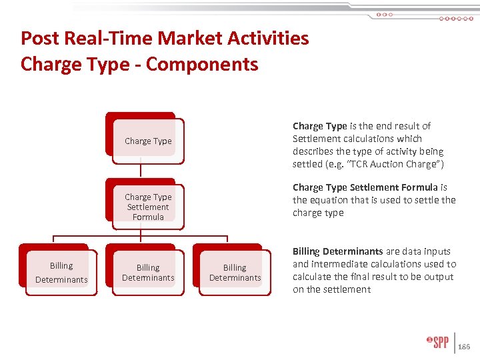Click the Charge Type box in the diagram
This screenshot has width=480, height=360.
[147, 141]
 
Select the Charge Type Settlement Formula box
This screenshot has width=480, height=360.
[147, 207]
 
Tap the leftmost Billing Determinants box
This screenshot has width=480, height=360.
[61, 272]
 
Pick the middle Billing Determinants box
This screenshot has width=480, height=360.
[147, 273]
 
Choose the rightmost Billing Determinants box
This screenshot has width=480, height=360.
[235, 273]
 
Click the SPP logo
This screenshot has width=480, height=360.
[438, 343]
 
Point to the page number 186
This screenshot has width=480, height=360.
[465, 347]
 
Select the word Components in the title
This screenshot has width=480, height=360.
[202, 64]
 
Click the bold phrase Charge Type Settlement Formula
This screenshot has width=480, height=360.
[365, 187]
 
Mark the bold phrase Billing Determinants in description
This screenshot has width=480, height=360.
[338, 251]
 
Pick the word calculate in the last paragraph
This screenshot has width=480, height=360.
[313, 277]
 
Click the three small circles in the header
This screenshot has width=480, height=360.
[385, 14]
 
